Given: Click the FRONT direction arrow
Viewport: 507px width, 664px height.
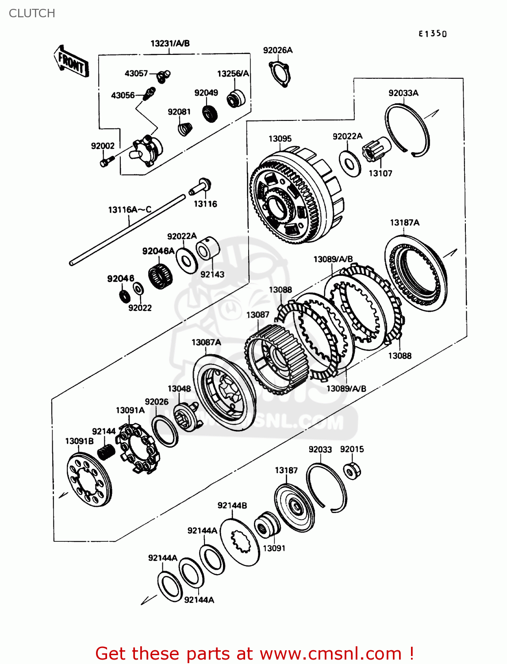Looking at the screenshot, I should pyautogui.click(x=71, y=62).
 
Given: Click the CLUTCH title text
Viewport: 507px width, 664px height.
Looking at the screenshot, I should pyautogui.click(x=32, y=13).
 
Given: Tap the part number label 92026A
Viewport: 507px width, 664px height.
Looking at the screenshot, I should pyautogui.click(x=277, y=50).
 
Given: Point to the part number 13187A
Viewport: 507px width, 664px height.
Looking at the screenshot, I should pyautogui.click(x=404, y=223).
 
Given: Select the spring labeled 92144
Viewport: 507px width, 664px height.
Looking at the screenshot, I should pyautogui.click(x=106, y=452).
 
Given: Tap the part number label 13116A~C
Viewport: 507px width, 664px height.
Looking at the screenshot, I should pyautogui.click(x=130, y=209).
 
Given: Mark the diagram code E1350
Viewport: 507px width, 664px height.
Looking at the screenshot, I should pyautogui.click(x=433, y=34).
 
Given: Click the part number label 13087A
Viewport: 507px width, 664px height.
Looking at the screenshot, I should pyautogui.click(x=206, y=342).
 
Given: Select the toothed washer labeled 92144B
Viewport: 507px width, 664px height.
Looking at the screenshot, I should pyautogui.click(x=240, y=542).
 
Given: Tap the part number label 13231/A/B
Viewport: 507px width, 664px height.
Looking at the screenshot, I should pyautogui.click(x=170, y=43).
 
